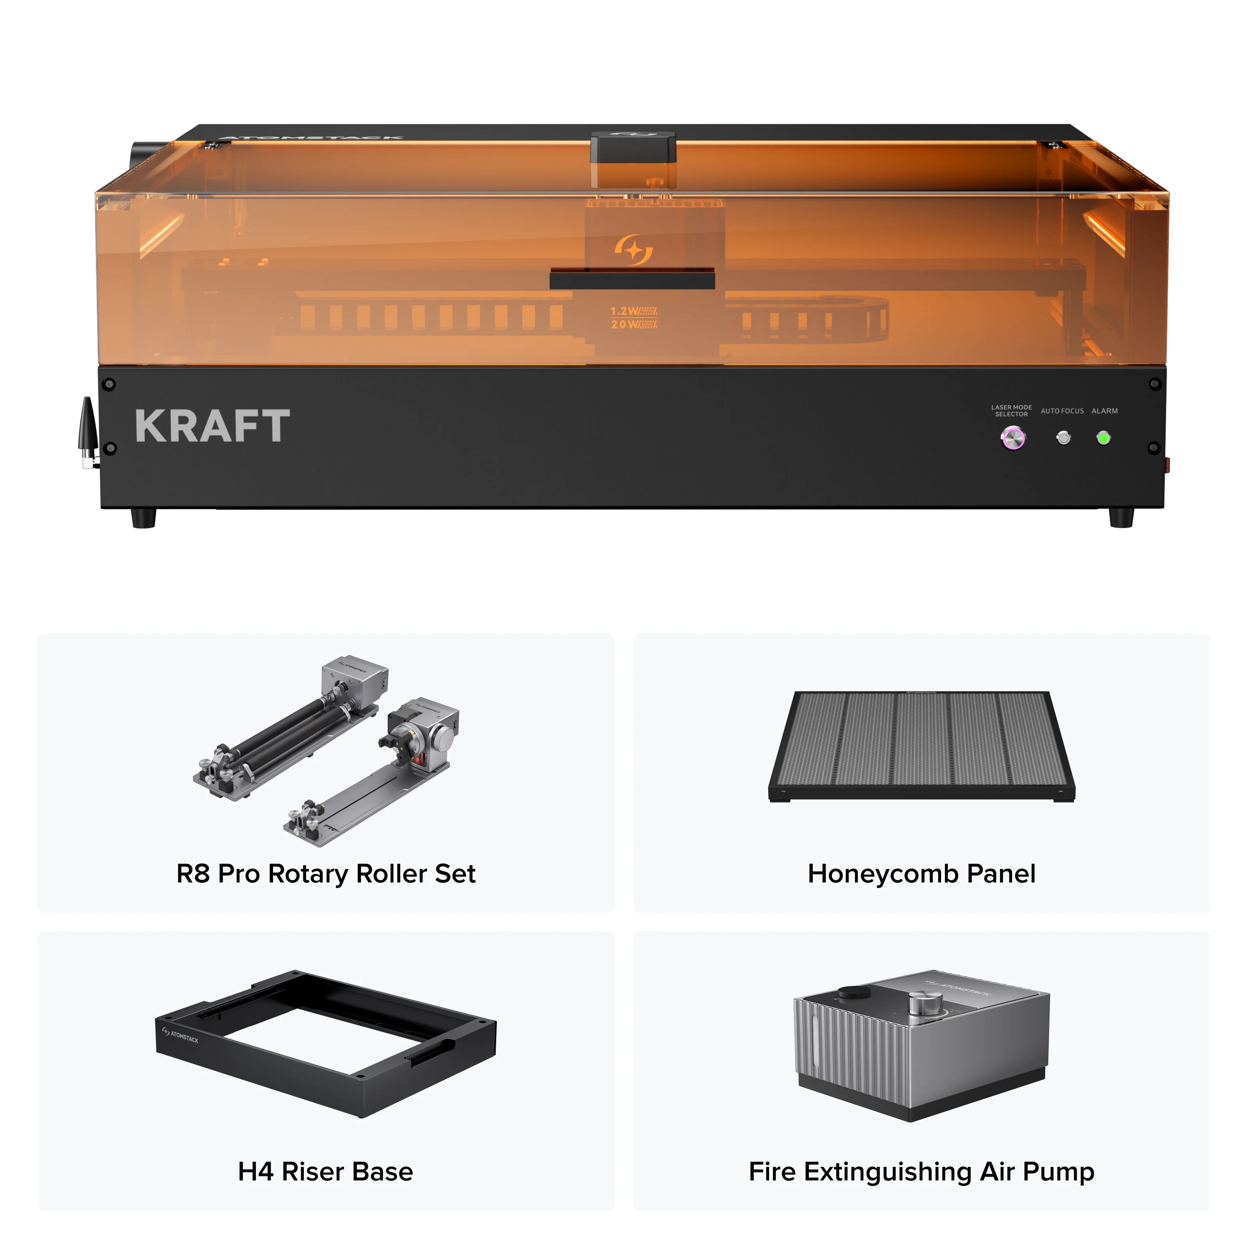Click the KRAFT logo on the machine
coord(213,426)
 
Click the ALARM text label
coord(1104,411)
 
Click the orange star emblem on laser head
coord(633,249)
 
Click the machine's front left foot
coord(144,518)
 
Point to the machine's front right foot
coord(1121,518)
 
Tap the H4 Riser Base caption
coord(326,1171)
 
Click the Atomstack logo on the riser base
coord(181,1035)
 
